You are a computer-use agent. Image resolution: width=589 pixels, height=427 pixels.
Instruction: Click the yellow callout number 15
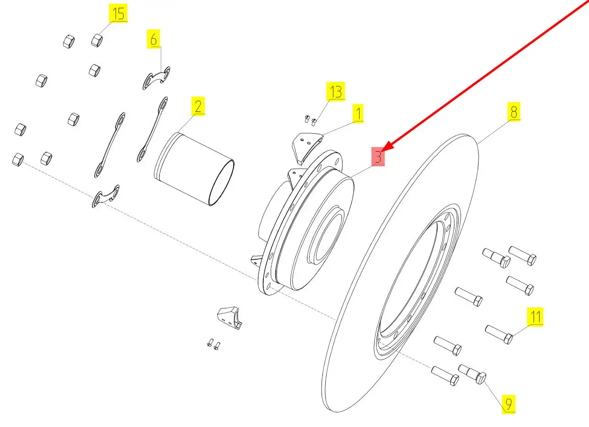point(118,13)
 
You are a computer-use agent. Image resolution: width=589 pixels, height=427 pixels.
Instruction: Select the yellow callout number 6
point(154,38)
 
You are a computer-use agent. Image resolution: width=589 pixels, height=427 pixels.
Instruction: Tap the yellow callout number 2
point(198,106)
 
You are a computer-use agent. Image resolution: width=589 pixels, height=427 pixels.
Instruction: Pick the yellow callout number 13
point(336,92)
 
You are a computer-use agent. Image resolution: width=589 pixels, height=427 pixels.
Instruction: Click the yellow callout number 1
point(358,114)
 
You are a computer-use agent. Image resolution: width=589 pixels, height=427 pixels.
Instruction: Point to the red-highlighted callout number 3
point(378,157)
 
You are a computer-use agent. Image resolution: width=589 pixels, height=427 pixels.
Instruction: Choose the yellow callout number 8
point(514,112)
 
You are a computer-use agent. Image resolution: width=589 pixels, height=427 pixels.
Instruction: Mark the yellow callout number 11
point(535,317)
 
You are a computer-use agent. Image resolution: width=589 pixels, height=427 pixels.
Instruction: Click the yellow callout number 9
point(508,404)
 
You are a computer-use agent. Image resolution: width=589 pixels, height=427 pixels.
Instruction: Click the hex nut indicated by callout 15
point(97,40)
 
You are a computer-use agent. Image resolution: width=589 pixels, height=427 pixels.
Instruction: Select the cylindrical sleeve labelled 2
point(194,169)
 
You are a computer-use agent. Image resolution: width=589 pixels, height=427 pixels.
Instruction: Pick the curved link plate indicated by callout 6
point(157,78)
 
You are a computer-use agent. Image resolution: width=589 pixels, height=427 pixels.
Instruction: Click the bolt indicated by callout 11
point(499,334)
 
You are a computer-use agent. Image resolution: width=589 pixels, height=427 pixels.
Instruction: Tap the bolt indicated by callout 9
point(472,374)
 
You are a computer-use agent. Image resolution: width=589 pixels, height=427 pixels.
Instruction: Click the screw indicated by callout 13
point(314,122)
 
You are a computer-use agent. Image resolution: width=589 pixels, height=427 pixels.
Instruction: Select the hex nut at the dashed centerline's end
point(18,160)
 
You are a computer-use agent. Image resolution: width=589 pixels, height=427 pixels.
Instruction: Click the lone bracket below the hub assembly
point(229,318)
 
